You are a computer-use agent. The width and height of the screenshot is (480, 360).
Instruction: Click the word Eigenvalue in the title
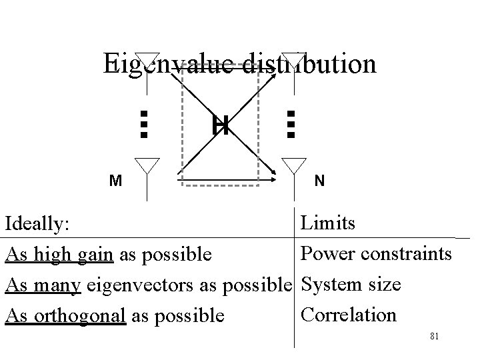tap(169, 64)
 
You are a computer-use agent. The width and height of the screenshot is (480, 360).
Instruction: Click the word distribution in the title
tap(309, 64)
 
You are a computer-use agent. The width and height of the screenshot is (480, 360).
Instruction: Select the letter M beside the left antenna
tap(116, 181)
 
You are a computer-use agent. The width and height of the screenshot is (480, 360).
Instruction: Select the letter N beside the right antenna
tap(320, 181)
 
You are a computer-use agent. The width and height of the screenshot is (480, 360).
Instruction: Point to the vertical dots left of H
tap(143, 124)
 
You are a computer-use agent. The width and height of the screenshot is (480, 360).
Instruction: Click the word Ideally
tap(37, 225)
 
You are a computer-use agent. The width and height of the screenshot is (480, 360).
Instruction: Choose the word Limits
tap(328, 223)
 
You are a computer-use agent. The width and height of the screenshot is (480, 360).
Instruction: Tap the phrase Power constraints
tap(377, 254)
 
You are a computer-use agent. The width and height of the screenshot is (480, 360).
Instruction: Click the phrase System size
tap(351, 285)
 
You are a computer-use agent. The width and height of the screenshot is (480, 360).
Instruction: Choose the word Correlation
tap(349, 314)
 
